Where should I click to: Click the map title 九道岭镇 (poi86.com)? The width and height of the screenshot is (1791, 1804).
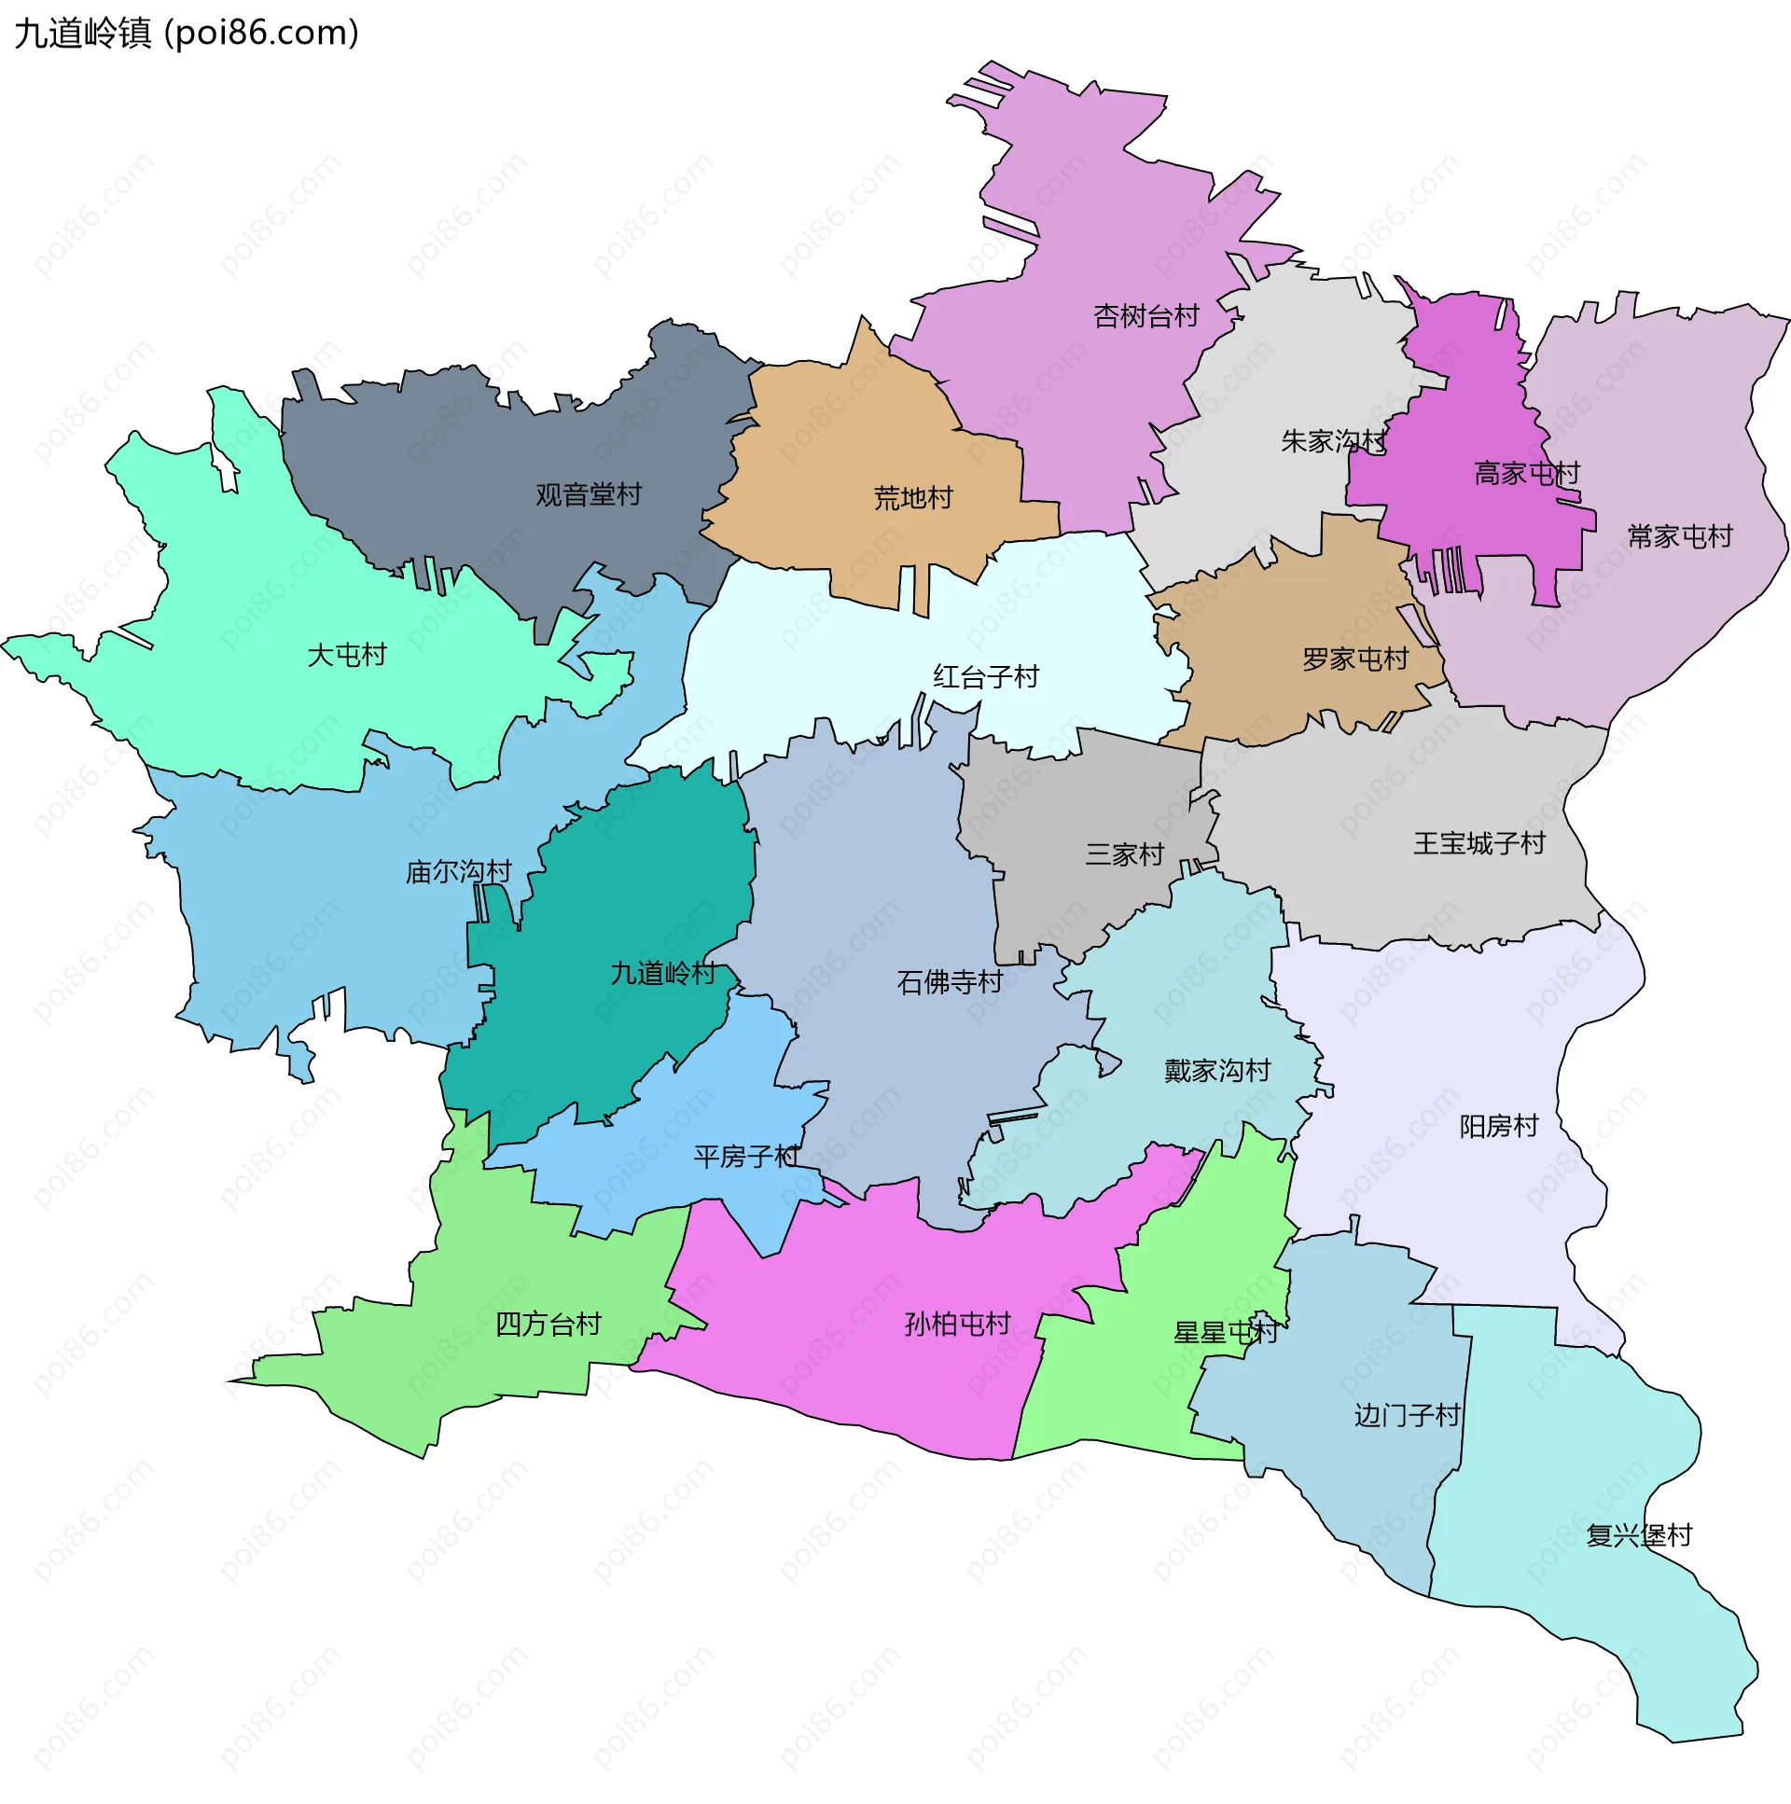click(187, 34)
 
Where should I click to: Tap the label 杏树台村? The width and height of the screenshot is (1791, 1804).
click(1145, 316)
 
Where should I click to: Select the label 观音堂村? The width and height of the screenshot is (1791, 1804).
click(589, 495)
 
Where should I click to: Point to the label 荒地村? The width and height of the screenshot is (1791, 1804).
click(912, 499)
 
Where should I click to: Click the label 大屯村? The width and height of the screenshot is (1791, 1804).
click(346, 656)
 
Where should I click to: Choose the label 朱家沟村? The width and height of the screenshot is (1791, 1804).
click(1332, 440)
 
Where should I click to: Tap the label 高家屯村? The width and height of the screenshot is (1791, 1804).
click(1526, 474)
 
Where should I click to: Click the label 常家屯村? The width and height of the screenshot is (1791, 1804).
click(1679, 537)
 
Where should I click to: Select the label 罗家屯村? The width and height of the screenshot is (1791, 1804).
click(1355, 660)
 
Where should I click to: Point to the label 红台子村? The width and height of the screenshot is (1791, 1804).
click(985, 677)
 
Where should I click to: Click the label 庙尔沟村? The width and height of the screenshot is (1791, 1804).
click(458, 872)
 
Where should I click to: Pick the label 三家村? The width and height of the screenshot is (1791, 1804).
click(1124, 854)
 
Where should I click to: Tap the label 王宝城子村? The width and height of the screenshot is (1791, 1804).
click(1479, 844)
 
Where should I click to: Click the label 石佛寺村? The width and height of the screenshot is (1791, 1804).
click(949, 982)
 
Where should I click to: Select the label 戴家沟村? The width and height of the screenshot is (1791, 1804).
click(1216, 1071)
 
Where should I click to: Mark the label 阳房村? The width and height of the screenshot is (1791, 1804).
click(1498, 1127)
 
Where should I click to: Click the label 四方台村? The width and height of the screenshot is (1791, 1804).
click(548, 1325)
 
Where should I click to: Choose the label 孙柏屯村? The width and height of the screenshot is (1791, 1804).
click(957, 1325)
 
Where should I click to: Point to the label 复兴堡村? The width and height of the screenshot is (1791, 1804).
click(1639, 1536)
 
